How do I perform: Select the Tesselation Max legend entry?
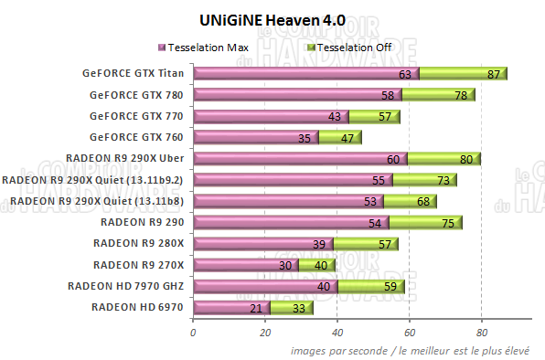click(207, 47)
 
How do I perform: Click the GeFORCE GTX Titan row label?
click(131, 73)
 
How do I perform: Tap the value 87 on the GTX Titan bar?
click(494, 74)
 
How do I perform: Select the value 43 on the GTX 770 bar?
click(334, 117)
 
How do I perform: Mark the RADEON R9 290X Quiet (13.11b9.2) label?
click(93, 180)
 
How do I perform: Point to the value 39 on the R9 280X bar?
click(319, 244)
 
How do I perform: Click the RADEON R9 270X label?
click(138, 265)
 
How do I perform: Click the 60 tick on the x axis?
click(410, 333)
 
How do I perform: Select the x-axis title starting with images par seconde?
click(417, 351)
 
